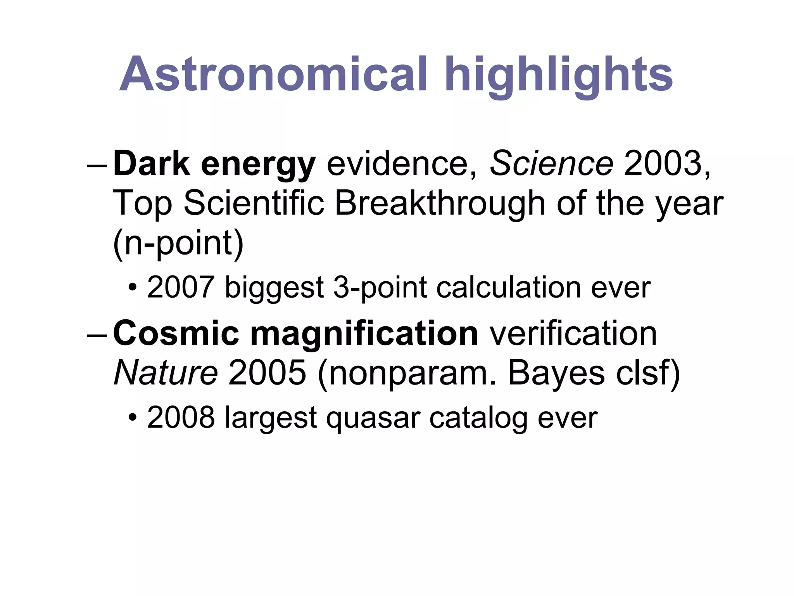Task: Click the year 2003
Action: click(667, 164)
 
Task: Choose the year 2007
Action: click(181, 288)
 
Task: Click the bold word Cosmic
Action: click(176, 334)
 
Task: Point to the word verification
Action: click(573, 334)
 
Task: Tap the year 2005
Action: click(268, 373)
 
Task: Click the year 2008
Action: click(181, 418)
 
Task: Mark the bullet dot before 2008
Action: click(133, 418)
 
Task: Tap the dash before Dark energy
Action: click(97, 165)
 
